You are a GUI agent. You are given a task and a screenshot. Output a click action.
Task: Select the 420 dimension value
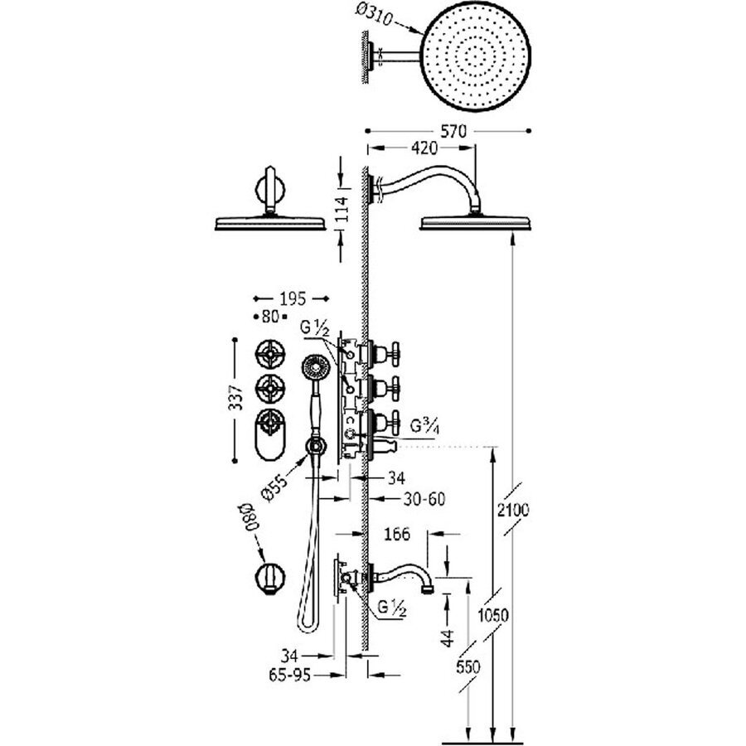click(x=422, y=148)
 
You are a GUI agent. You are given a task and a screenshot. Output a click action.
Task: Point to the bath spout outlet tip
click(x=429, y=589)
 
